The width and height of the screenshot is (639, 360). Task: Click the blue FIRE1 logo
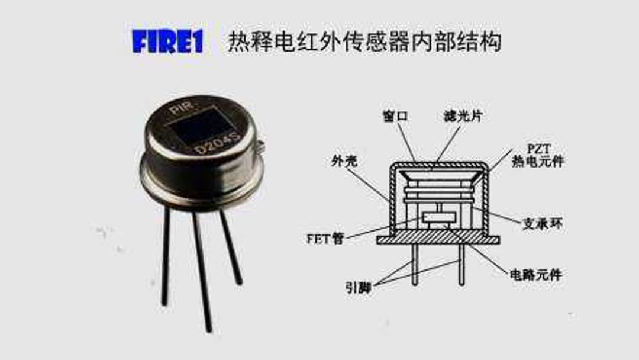(167, 41)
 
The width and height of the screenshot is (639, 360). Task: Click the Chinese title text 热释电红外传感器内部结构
(364, 41)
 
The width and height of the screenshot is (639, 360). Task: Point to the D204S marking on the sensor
(217, 143)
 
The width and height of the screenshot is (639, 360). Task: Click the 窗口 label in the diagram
(395, 117)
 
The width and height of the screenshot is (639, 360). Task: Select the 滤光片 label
(463, 117)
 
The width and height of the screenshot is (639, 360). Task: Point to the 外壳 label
(344, 161)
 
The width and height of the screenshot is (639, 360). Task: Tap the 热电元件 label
(538, 161)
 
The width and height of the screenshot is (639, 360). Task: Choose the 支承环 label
(543, 223)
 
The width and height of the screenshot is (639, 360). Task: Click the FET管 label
(325, 239)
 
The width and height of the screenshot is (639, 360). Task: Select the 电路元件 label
(536, 275)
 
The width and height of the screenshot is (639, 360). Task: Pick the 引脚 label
(358, 288)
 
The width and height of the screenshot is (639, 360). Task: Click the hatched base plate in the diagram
(438, 240)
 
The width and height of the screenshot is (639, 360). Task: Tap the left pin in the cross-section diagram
(414, 265)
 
